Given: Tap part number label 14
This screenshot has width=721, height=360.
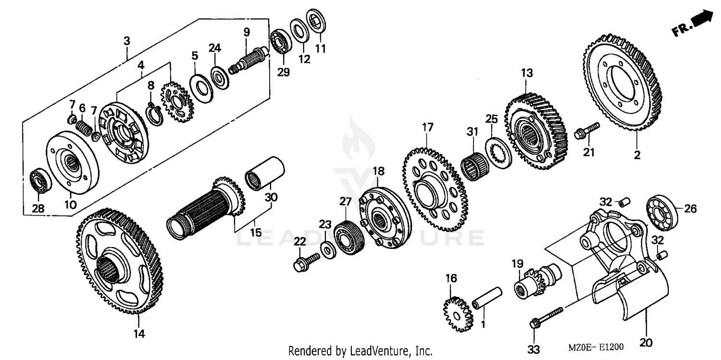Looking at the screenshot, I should (x=139, y=333).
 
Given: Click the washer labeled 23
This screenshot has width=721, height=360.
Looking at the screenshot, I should (x=328, y=249).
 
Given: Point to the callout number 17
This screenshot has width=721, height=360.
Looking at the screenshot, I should (x=427, y=128).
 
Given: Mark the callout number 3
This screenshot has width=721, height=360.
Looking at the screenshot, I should (x=126, y=41).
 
